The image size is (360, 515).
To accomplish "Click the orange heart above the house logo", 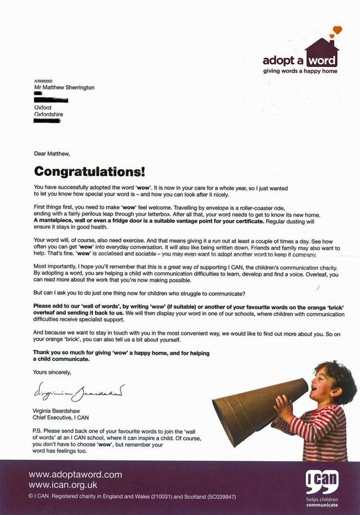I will tap(336, 30).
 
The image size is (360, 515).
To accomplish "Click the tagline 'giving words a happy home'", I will tap(300, 71).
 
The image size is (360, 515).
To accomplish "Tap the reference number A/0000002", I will tap(43, 82).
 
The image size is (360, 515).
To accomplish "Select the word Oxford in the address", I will tap(43, 107).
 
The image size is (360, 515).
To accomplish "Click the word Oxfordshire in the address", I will tap(48, 114).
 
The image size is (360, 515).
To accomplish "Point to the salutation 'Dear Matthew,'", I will tap(52, 152).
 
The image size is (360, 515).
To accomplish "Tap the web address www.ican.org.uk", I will tap(63, 484).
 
